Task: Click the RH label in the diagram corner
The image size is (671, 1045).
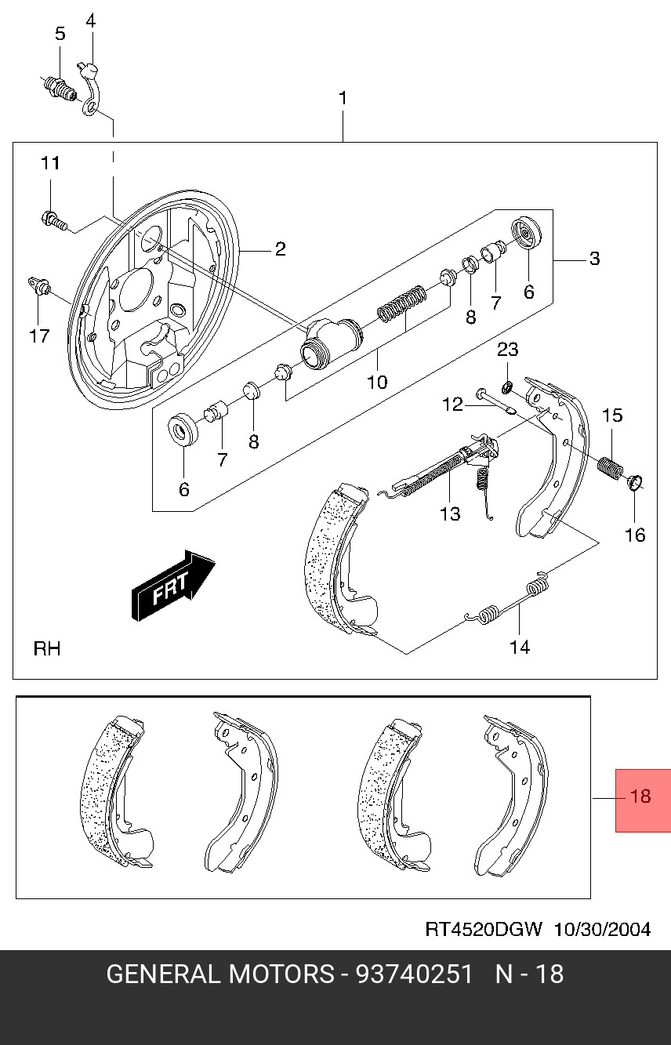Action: (47, 649)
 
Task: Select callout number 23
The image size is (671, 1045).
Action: (508, 350)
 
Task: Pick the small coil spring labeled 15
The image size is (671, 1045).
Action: (610, 466)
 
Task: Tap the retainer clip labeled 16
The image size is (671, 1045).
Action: (635, 481)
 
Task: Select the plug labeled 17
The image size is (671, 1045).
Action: (38, 286)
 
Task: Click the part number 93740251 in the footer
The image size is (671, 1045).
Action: (415, 974)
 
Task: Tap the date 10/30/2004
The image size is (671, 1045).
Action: (602, 930)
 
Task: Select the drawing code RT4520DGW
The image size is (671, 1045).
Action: (484, 930)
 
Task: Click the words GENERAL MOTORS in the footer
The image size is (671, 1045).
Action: (219, 974)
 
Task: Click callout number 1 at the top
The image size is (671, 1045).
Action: (343, 99)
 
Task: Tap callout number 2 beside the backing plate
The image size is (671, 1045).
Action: (280, 250)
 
